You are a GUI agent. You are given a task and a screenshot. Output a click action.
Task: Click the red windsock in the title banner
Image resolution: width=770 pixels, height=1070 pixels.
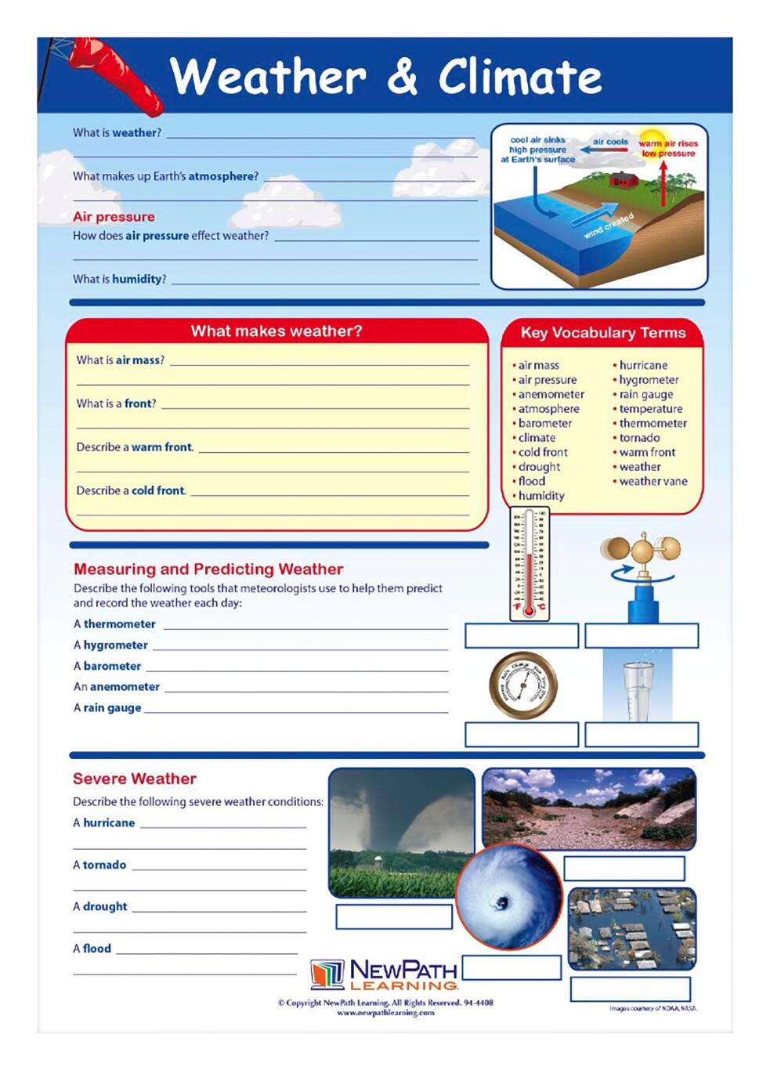click(x=117, y=75)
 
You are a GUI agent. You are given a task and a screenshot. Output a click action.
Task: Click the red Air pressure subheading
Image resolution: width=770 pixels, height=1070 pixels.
click(x=114, y=217)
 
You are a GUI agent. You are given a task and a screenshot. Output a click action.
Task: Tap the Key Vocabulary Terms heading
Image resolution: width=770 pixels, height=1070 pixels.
click(x=602, y=333)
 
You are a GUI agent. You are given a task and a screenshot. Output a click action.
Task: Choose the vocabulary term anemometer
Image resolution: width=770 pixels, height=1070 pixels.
click(x=551, y=394)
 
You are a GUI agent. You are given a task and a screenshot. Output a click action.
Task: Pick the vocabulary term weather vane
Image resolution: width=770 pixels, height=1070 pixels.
click(x=653, y=481)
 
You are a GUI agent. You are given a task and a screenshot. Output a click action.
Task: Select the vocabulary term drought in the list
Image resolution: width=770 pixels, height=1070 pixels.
click(x=539, y=467)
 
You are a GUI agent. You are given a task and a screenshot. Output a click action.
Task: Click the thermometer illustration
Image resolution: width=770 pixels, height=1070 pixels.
click(x=530, y=563)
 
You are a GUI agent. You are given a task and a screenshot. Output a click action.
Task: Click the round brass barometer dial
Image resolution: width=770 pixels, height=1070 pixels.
click(x=523, y=685)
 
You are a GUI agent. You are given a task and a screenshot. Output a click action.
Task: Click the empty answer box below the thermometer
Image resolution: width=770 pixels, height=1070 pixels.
click(x=522, y=635)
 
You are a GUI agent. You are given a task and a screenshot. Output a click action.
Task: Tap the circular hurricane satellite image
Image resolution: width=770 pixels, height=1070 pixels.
click(x=509, y=896)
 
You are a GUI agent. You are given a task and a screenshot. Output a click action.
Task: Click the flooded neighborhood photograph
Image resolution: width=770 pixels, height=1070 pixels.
click(x=631, y=927)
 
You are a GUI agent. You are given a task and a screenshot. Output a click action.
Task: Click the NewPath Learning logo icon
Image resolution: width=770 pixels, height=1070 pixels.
click(x=327, y=974)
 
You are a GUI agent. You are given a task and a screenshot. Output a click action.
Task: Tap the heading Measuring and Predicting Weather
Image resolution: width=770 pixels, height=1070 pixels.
click(x=208, y=569)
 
